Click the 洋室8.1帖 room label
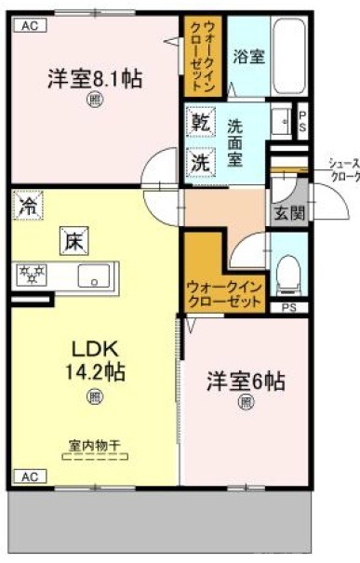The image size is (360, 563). (x=94, y=79)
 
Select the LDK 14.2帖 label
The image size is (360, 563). (x=94, y=359)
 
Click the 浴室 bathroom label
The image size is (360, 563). (x=248, y=56)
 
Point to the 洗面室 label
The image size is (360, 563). (x=236, y=143)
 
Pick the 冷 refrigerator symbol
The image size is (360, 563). (x=29, y=206)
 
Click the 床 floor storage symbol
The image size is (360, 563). (x=73, y=242)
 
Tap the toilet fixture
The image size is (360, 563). (x=287, y=270)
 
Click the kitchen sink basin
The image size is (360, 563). (x=94, y=275)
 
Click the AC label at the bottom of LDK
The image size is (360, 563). (x=29, y=477)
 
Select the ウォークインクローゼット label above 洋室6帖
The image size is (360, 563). (x=226, y=294)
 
